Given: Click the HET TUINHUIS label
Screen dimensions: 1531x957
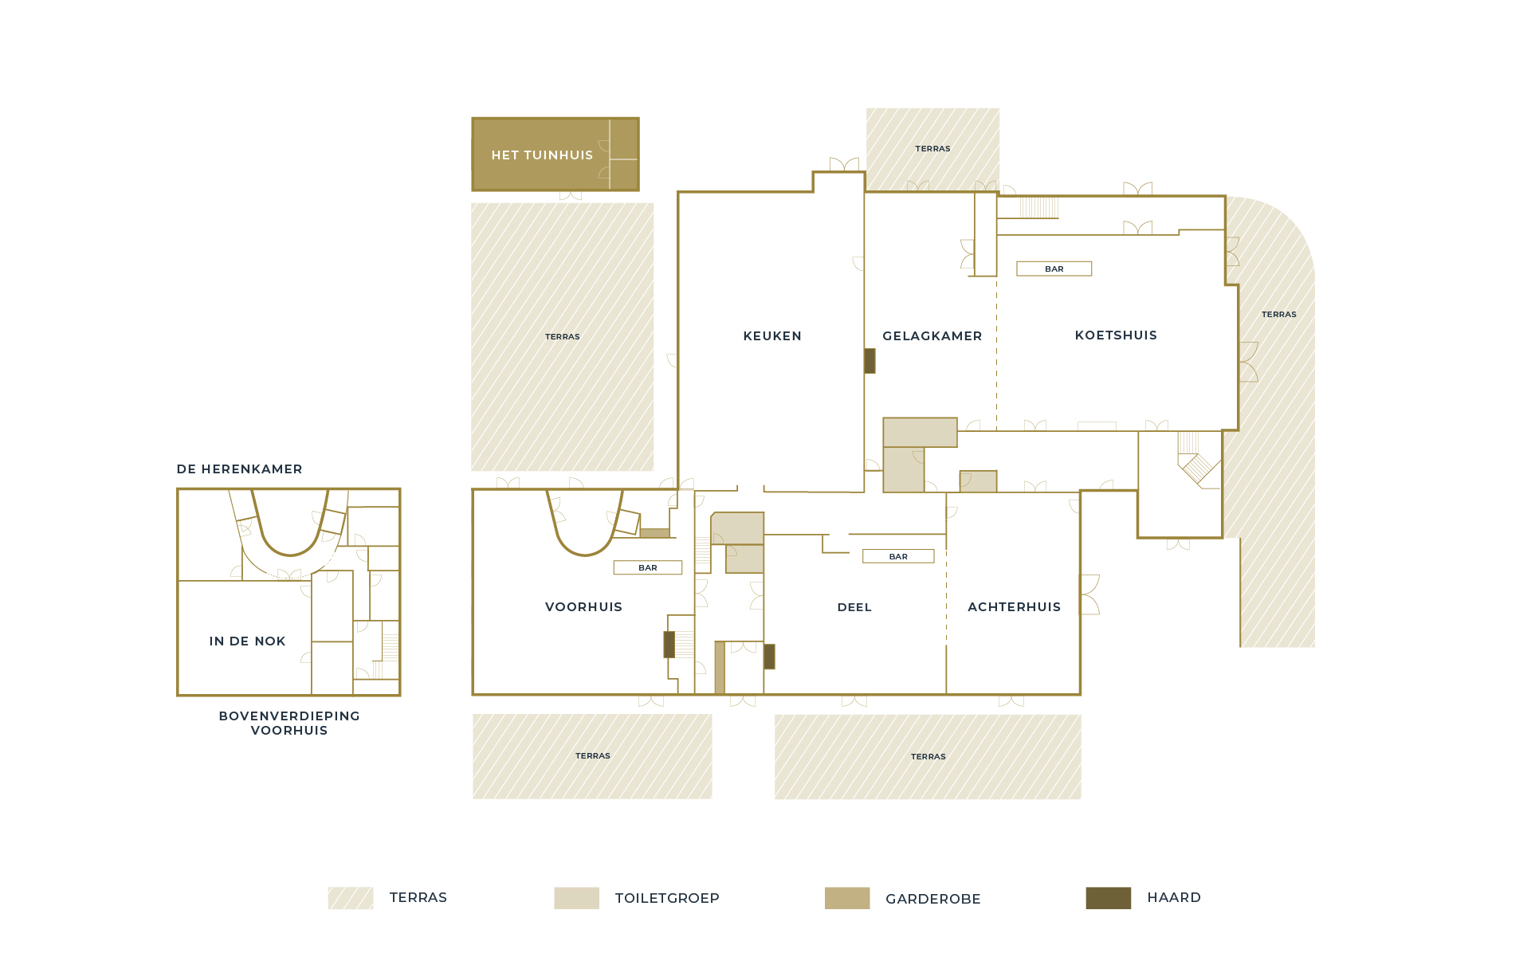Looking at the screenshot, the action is (542, 155).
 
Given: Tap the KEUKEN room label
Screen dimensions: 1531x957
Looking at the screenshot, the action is (772, 336).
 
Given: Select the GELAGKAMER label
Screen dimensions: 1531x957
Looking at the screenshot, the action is (932, 336).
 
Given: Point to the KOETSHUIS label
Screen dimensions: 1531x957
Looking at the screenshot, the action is (1116, 335).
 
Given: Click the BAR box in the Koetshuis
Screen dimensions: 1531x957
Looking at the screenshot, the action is (1054, 269).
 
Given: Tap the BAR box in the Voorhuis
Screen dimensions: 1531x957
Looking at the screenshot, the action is (648, 568).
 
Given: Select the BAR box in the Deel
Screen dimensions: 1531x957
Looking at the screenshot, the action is (898, 557).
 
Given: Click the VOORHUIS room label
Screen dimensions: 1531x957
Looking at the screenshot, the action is (583, 607).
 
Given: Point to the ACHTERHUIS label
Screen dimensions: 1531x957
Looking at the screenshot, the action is (1015, 607).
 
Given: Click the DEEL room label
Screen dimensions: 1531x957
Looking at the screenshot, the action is (854, 607).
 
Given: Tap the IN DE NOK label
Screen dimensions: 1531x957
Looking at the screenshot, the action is (247, 641).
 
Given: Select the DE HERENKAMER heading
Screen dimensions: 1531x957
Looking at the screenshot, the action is (240, 469).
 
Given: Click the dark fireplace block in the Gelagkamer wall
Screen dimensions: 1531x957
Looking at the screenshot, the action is (870, 361).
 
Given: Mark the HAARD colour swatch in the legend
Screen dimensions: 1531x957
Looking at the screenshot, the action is (1109, 898).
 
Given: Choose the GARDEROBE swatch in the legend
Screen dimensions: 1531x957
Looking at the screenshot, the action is (847, 898).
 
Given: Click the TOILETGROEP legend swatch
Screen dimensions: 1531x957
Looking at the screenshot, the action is (577, 898).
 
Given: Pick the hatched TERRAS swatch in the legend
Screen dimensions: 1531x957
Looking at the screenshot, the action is (351, 898).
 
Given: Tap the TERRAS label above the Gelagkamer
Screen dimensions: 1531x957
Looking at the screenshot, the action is (932, 149).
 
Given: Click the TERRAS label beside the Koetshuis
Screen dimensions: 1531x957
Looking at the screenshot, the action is (1279, 315).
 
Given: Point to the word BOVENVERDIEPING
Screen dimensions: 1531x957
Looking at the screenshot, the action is (289, 716).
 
